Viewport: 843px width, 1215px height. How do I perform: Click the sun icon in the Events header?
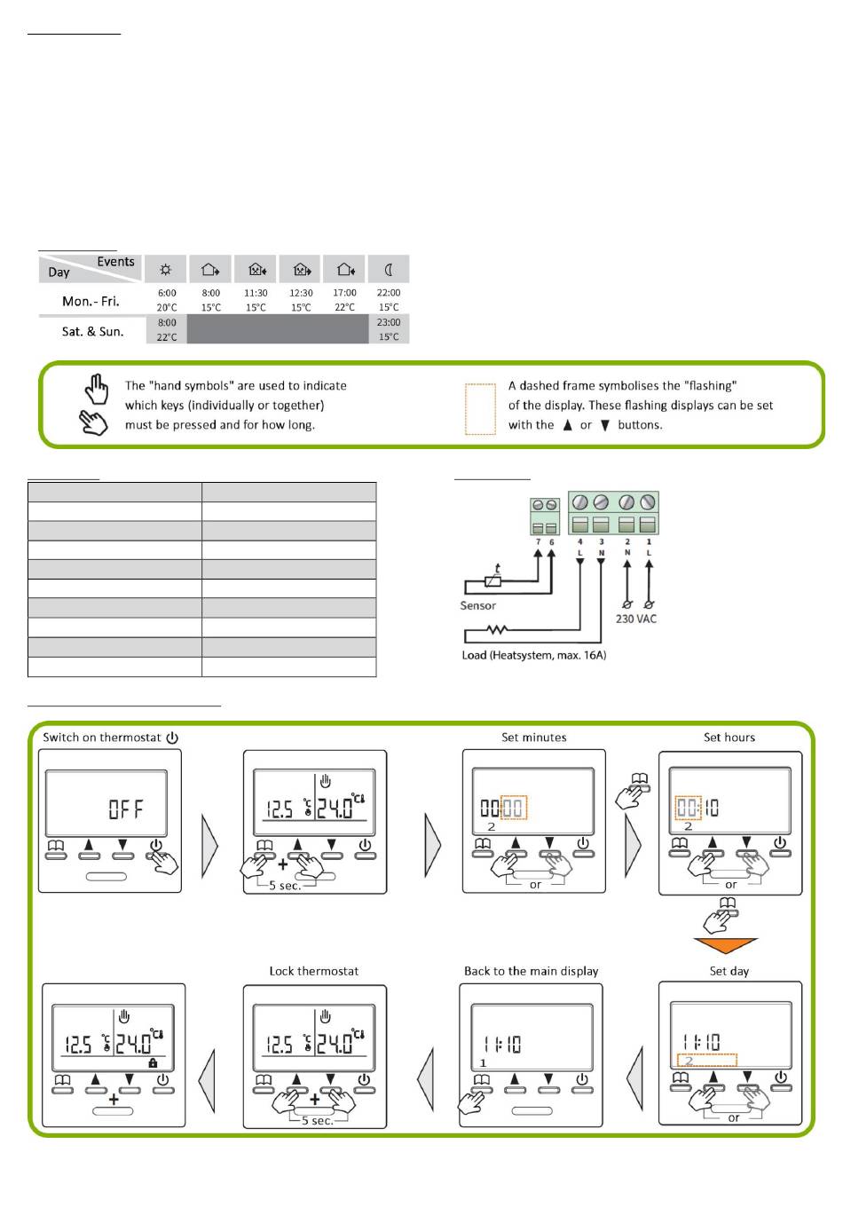click(166, 269)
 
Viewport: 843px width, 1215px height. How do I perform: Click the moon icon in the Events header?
click(389, 269)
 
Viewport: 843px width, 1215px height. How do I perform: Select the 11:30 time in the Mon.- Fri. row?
click(256, 293)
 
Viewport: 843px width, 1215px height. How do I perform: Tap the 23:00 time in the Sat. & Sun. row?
click(389, 323)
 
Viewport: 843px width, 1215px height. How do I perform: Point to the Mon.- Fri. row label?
click(91, 301)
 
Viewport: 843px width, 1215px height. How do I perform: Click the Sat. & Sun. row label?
click(92, 331)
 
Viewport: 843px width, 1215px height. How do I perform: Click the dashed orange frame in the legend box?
click(480, 409)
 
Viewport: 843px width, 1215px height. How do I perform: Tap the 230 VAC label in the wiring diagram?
click(636, 619)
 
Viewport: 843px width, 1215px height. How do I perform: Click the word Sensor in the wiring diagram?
click(477, 605)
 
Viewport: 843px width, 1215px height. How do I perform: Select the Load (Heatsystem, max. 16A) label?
click(533, 655)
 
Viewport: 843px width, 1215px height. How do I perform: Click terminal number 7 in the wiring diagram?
click(538, 541)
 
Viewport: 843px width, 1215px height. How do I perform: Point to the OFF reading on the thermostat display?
click(126, 809)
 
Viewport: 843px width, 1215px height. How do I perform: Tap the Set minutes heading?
click(533, 738)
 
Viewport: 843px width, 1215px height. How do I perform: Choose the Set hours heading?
click(729, 738)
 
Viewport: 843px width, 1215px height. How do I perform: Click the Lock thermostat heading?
click(314, 971)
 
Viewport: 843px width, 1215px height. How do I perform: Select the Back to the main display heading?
click(531, 971)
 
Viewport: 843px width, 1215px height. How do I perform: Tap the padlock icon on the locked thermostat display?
click(153, 1062)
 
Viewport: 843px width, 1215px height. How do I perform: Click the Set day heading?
click(729, 971)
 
